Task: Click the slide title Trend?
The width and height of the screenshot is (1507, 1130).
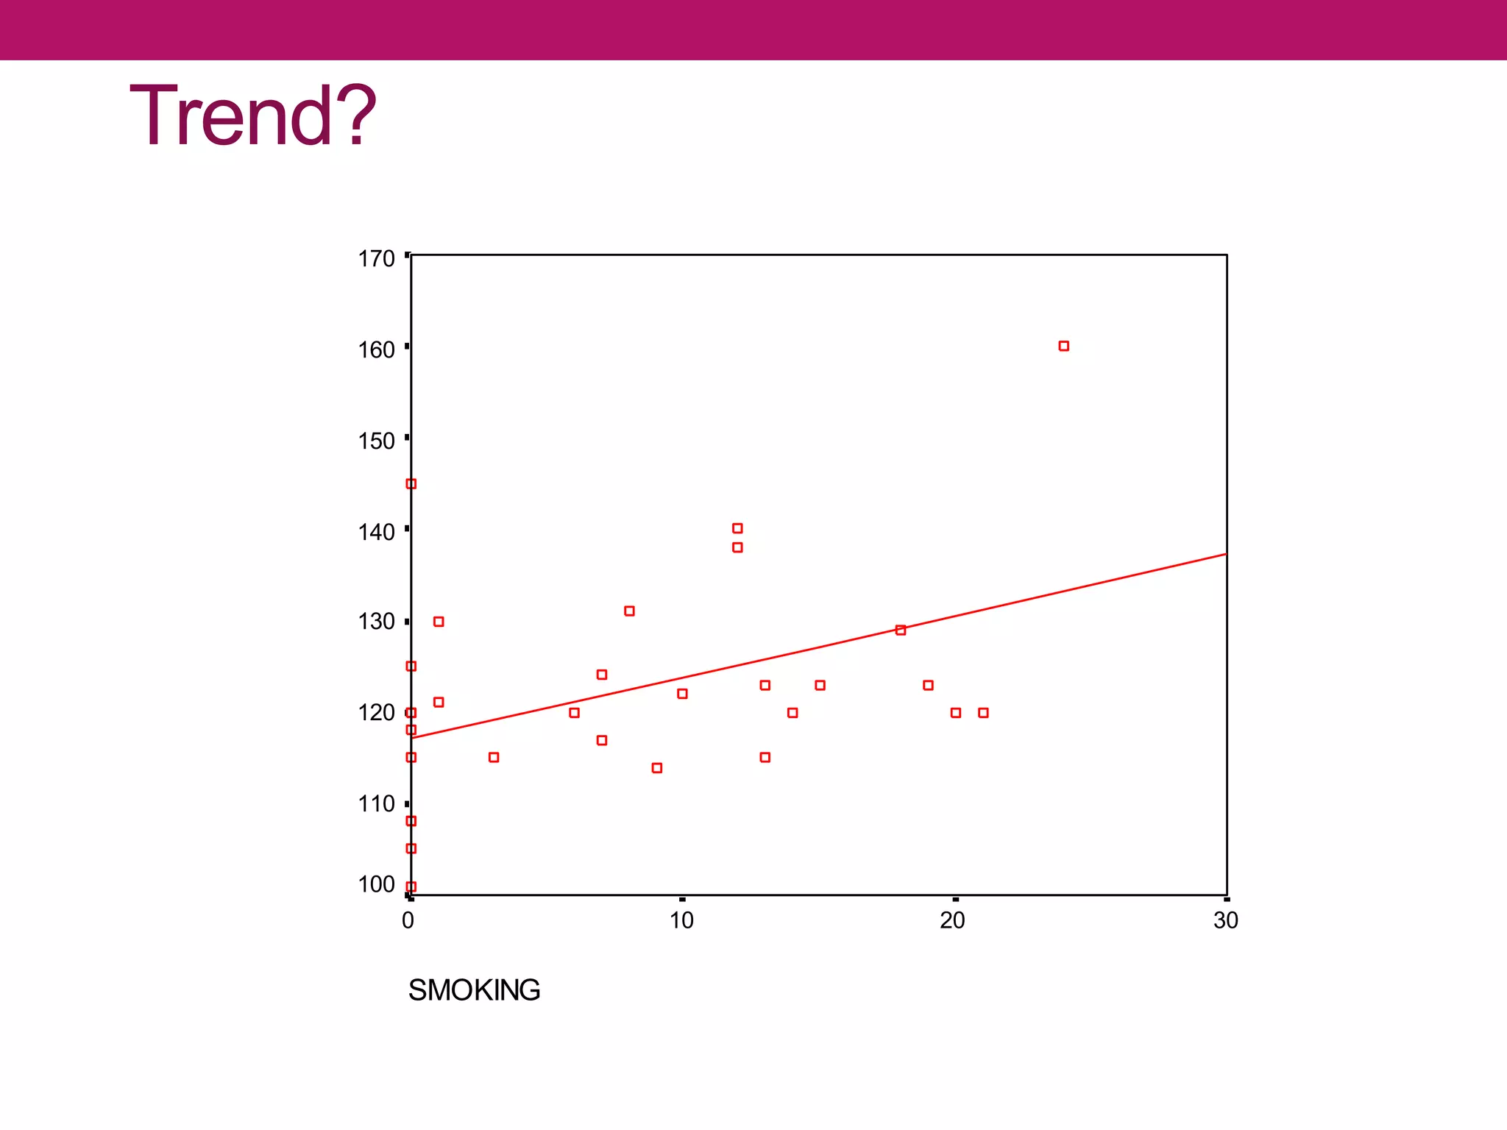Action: pyautogui.click(x=252, y=116)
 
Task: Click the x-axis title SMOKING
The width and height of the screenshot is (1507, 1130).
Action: pyautogui.click(x=474, y=990)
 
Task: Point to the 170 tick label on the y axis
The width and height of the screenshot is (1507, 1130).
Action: pyautogui.click(x=376, y=259)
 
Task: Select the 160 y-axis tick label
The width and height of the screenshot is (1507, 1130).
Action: pyautogui.click(x=376, y=350)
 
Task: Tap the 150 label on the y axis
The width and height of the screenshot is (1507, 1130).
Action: pyautogui.click(x=376, y=441)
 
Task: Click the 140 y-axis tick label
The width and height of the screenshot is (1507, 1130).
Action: pyautogui.click(x=376, y=532)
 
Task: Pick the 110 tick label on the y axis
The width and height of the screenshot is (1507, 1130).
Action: pyautogui.click(x=376, y=804)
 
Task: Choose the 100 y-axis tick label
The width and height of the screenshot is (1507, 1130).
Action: pyautogui.click(x=376, y=884)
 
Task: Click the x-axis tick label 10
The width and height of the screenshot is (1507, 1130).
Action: pyautogui.click(x=681, y=920)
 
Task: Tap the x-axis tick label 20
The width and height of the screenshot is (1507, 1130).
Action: pyautogui.click(x=952, y=920)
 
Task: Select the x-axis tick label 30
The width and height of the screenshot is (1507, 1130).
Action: pyautogui.click(x=1226, y=920)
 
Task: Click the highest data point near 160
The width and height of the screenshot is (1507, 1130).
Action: pyautogui.click(x=1063, y=346)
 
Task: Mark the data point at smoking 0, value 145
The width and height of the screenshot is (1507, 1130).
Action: pyautogui.click(x=411, y=484)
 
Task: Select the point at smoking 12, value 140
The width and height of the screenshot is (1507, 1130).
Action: pyautogui.click(x=737, y=528)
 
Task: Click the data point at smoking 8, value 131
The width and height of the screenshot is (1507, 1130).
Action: pyautogui.click(x=629, y=611)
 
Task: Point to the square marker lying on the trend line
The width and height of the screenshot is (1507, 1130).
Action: pyautogui.click(x=901, y=630)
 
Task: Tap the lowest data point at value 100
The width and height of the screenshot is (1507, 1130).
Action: pyautogui.click(x=411, y=886)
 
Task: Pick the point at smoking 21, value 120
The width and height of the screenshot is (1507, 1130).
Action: pyautogui.click(x=983, y=713)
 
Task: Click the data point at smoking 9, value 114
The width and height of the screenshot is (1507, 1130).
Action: pyautogui.click(x=657, y=768)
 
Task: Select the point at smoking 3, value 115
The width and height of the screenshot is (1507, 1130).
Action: pyautogui.click(x=494, y=758)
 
